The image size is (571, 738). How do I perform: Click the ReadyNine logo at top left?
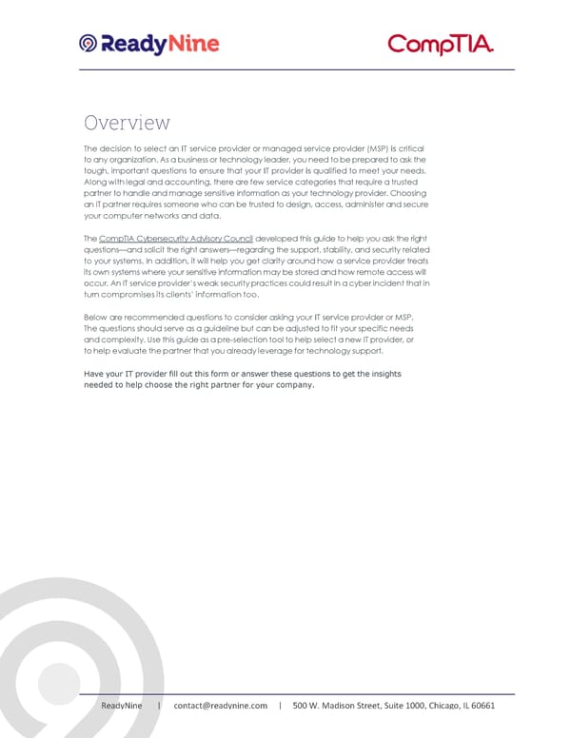[149, 43]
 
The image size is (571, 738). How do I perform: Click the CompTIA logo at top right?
[441, 45]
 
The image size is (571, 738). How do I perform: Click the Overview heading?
[127, 123]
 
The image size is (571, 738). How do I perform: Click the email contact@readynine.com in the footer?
[219, 705]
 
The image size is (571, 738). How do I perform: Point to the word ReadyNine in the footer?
[123, 705]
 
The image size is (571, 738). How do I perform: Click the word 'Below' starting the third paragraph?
[97, 317]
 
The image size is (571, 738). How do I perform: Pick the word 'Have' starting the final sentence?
[95, 374]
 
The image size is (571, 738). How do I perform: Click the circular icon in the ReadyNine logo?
[88, 44]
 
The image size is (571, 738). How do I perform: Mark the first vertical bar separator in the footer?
[159, 705]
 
